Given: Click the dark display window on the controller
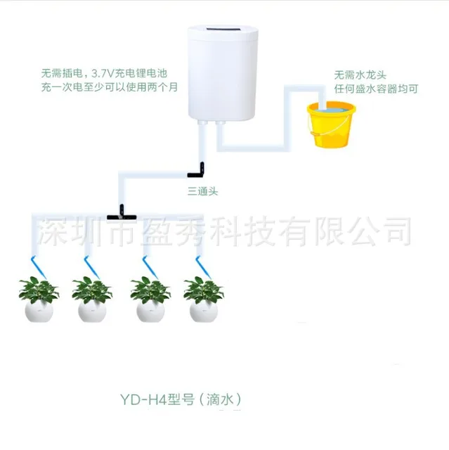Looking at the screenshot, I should (x=223, y=31).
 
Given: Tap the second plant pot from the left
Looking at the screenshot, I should (x=92, y=309).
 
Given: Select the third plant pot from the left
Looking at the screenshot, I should (x=149, y=309).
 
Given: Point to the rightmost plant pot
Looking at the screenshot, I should (x=204, y=309).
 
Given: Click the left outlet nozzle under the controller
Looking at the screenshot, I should (x=203, y=124).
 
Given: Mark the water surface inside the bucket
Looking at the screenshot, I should (x=330, y=109).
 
